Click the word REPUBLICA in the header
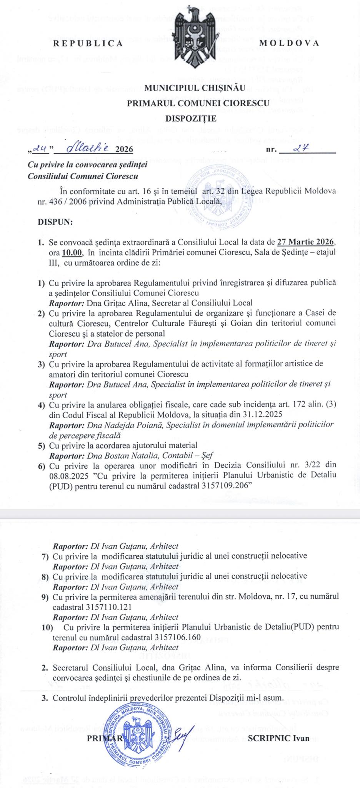click(x=88, y=43)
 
